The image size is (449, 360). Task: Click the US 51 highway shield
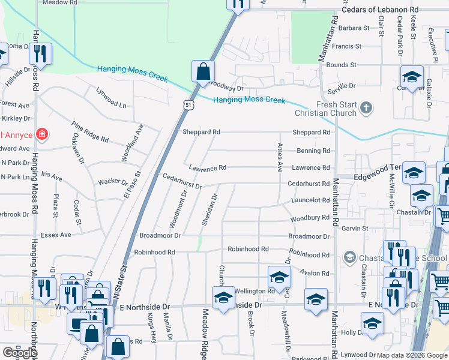click(x=189, y=105)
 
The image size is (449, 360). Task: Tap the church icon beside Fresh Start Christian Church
click(x=366, y=109)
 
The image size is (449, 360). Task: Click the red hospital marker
click(x=41, y=134)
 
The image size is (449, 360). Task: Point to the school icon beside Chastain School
click(x=349, y=258)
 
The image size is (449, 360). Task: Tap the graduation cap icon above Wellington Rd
click(x=279, y=278)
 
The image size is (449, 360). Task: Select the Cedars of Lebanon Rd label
click(x=379, y=10)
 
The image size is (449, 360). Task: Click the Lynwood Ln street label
click(x=112, y=98)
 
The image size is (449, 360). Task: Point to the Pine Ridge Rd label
click(x=89, y=132)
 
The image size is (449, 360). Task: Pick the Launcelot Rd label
click(x=309, y=200)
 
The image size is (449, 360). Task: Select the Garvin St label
click(x=354, y=229)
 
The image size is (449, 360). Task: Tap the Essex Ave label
click(x=56, y=235)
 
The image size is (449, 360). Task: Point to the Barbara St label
click(x=354, y=28)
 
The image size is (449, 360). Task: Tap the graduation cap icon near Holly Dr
click(x=372, y=323)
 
